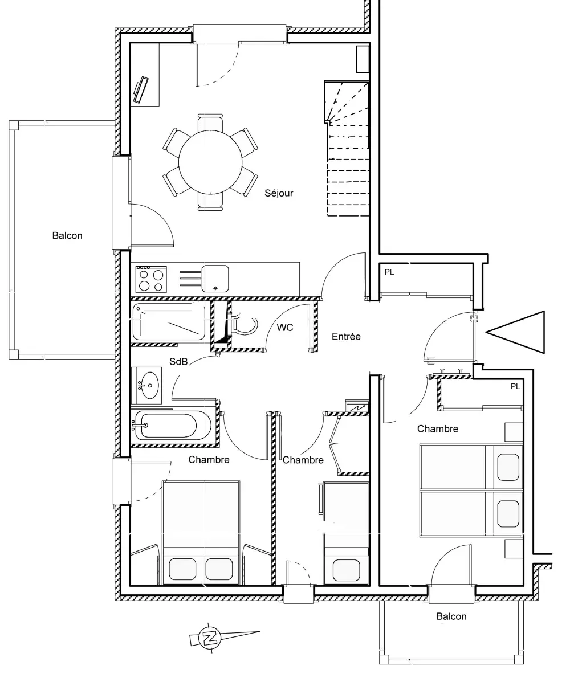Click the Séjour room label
(279, 193)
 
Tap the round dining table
(210, 162)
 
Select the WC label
(285, 328)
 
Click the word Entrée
(346, 336)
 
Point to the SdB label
(178, 361)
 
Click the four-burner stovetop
(151, 280)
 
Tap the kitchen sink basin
(215, 279)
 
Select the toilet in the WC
(245, 324)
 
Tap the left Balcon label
(67, 236)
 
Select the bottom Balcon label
(451, 616)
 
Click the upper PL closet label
(389, 272)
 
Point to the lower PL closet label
(515, 386)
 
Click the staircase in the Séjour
(347, 148)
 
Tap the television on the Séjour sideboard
(141, 90)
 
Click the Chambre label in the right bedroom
(438, 429)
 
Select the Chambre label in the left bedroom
(209, 460)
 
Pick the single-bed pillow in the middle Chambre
(346, 570)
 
